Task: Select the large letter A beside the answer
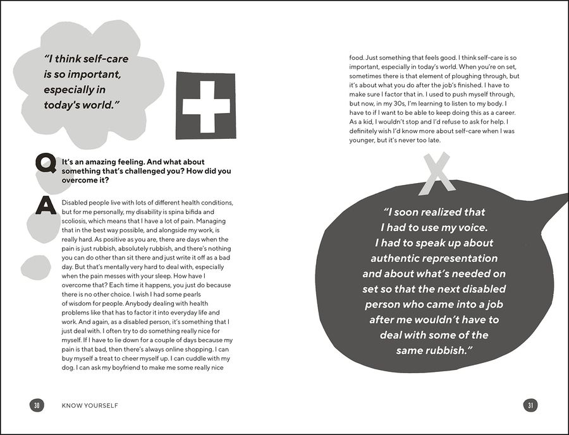(x=46, y=205)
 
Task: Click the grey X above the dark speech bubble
(x=438, y=175)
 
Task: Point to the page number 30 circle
(x=37, y=405)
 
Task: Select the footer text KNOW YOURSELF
(x=90, y=405)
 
